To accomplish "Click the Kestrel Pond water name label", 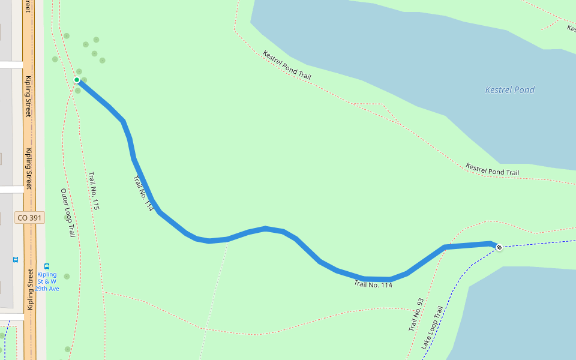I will point(509,90).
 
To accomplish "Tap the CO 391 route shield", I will point(29,218).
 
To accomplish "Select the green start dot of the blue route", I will point(77,80).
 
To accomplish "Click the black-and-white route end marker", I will point(499,247).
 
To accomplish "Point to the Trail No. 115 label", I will point(94,191).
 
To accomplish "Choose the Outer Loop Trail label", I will point(67,212).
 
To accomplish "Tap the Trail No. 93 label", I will point(416,315).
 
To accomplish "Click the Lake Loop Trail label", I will point(431,328).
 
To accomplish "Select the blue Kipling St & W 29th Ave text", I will point(47,281).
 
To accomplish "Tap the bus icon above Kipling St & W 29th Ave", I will point(47,266).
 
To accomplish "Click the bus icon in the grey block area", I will point(15,260).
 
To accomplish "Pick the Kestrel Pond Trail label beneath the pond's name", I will point(492,170).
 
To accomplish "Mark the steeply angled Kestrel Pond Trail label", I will point(287,65).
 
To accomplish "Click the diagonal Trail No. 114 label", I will point(143,192).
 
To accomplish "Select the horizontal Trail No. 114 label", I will point(373,284).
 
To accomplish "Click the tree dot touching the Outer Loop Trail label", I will point(67,217).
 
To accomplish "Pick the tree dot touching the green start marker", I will point(84,80).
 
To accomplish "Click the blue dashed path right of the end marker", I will point(540,243).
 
